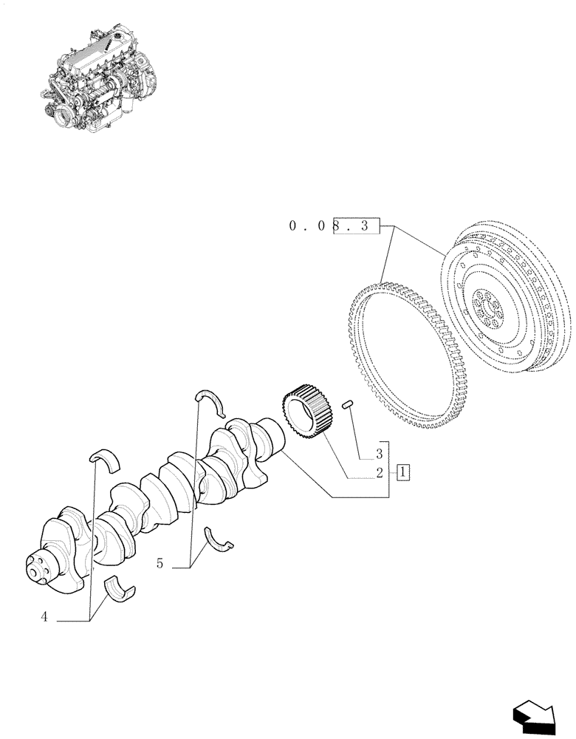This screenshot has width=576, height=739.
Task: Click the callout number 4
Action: (x=44, y=618)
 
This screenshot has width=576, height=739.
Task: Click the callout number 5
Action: (x=160, y=563)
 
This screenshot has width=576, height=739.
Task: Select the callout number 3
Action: (x=379, y=453)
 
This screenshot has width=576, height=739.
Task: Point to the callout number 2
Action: (x=379, y=473)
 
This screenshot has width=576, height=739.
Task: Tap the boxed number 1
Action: (x=403, y=471)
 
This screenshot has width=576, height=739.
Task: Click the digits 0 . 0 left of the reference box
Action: (x=307, y=227)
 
